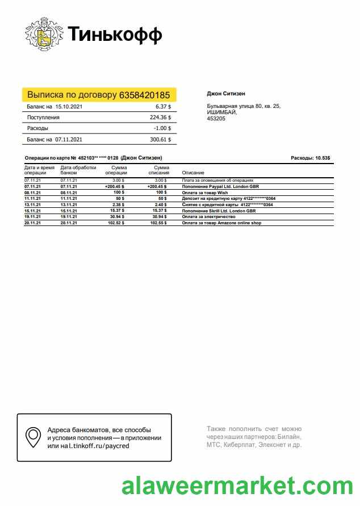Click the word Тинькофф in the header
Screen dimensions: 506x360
click(115, 35)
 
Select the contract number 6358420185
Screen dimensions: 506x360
click(145, 95)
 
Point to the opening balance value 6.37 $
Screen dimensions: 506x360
click(163, 107)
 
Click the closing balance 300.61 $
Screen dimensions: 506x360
click(160, 139)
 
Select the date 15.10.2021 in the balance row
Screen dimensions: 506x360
click(69, 107)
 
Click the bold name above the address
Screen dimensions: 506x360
click(225, 94)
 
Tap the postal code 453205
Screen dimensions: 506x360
click(215, 119)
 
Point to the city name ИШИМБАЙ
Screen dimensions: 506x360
click(221, 112)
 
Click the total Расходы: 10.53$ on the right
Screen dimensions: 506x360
click(310, 157)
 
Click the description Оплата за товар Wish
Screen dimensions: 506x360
click(204, 193)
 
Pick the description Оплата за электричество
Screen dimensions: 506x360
click(209, 217)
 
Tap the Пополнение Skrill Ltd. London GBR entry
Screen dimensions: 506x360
click(219, 211)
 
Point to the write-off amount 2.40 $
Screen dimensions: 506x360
click(161, 204)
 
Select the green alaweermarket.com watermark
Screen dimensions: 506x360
click(237, 488)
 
